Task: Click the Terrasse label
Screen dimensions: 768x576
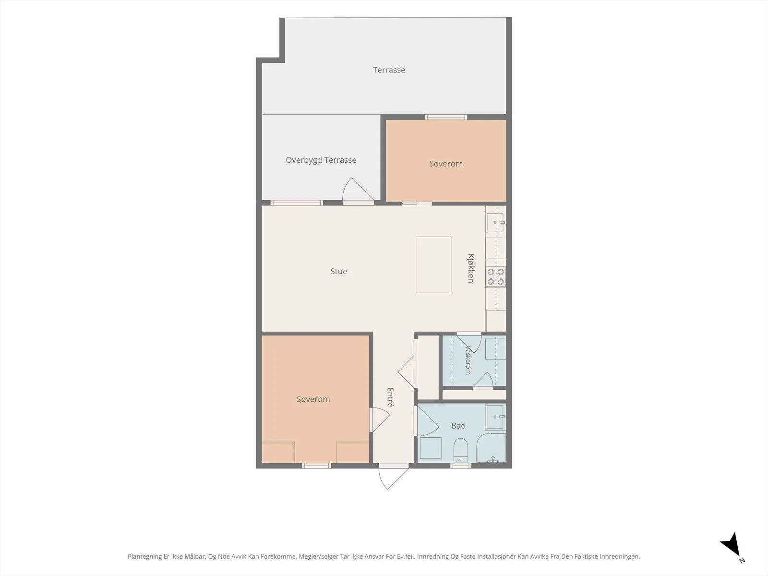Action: tap(389, 70)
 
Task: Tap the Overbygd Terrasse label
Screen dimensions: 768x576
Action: tap(321, 160)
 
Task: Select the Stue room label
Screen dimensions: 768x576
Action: tap(339, 271)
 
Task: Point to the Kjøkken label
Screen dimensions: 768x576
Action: tap(471, 268)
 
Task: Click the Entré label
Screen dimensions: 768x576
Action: tap(390, 397)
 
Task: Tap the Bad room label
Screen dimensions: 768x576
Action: tap(458, 426)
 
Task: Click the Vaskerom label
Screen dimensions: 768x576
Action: tap(468, 360)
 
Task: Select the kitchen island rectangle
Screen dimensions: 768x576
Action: tap(433, 265)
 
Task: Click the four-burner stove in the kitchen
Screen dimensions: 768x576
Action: tap(496, 276)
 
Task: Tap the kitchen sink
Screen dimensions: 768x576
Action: tap(495, 222)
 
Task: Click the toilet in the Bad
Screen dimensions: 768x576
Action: tap(461, 450)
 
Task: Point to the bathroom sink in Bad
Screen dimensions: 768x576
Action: tap(495, 417)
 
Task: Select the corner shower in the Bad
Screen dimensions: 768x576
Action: tap(491, 448)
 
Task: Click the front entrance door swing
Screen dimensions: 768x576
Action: tap(394, 478)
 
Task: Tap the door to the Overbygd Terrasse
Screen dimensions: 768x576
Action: tap(358, 191)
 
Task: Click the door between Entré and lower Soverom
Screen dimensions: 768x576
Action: tap(380, 420)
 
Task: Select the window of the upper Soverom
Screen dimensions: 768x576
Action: tap(446, 117)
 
